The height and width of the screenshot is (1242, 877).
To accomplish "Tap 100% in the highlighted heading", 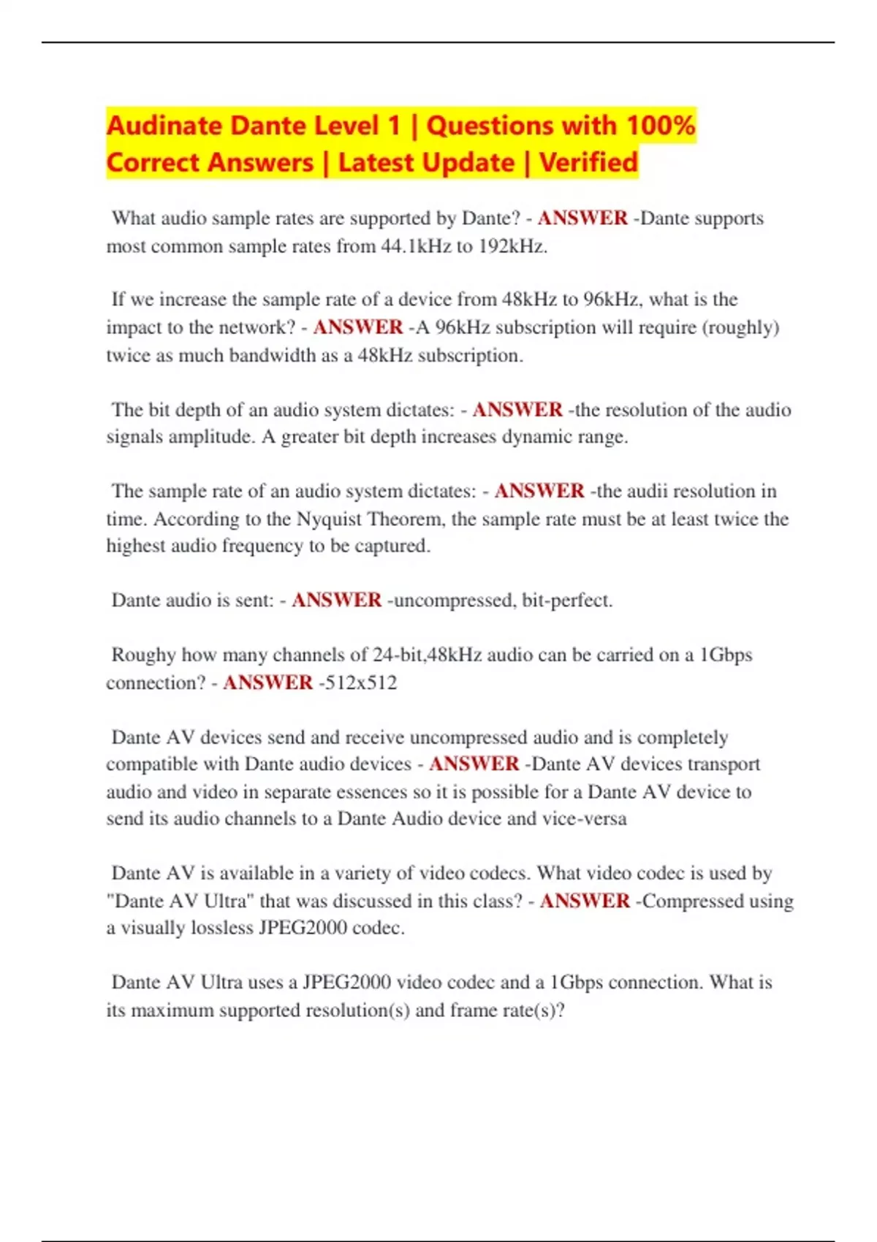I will tap(661, 126).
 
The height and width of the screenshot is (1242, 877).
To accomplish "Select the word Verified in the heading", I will tap(589, 162).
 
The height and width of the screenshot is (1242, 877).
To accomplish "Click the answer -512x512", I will tap(358, 682).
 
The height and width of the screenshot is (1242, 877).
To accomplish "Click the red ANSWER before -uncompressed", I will tap(336, 601).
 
